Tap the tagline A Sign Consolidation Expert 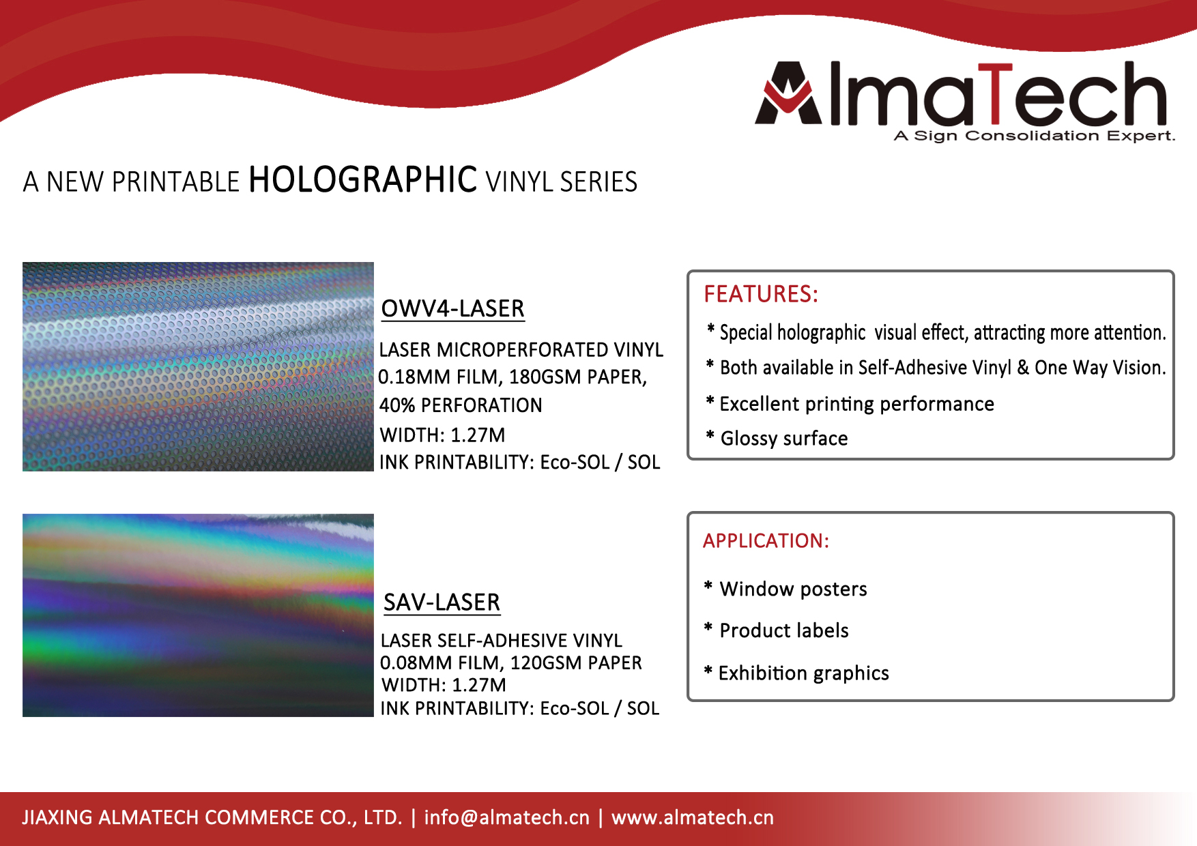[1035, 136]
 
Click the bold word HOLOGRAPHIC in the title [362, 180]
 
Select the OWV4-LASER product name [452, 308]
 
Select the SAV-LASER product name [442, 602]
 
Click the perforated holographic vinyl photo [198, 366]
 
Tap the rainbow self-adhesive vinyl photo [198, 615]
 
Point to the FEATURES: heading [761, 294]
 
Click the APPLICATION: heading [766, 541]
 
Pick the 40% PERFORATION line [461, 405]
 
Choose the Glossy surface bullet [777, 438]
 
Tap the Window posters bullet [785, 589]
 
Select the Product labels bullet [777, 630]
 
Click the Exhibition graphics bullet [796, 673]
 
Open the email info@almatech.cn [506, 817]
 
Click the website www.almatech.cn [693, 817]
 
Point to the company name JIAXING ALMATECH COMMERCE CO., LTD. [212, 817]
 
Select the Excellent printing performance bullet [850, 404]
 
